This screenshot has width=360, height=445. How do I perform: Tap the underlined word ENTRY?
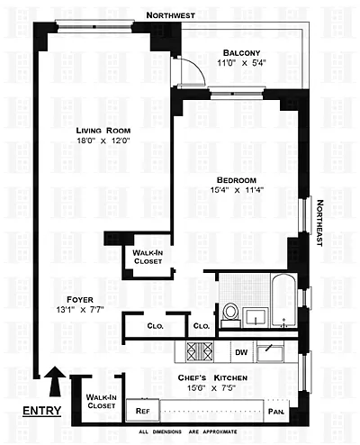[42, 411]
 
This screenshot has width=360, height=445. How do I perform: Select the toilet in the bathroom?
[231, 315]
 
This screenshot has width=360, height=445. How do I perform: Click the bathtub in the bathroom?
[283, 301]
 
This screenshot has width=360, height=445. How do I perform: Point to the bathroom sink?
[256, 317]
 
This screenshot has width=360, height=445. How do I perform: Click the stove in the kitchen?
[200, 351]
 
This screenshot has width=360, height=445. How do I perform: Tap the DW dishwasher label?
[241, 352]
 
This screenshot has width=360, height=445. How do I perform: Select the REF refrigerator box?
[142, 410]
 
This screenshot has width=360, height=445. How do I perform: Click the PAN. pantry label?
[276, 411]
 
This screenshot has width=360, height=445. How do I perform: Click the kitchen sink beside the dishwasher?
[270, 353]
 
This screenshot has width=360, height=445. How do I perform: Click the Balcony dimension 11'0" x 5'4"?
[241, 63]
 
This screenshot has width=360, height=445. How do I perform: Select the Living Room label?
[103, 131]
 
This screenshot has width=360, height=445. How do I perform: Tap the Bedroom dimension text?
[237, 190]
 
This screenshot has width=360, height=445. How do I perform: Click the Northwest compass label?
[170, 15]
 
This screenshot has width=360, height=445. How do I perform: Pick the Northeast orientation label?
[319, 223]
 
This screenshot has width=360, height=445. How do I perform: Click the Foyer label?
[80, 300]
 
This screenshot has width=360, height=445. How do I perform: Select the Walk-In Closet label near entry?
[101, 402]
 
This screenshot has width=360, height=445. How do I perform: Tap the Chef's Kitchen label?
[212, 377]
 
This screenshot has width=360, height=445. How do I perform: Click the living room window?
[94, 26]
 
